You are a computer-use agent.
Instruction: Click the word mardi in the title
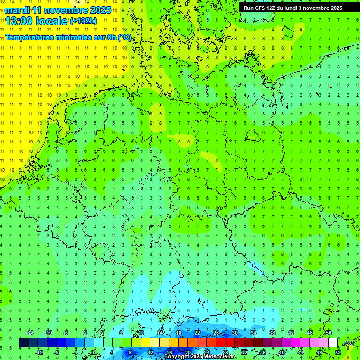(17, 9)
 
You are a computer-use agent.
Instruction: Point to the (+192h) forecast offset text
(83, 21)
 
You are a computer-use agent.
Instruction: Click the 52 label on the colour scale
(337, 352)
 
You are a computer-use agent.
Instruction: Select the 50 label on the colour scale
(328, 333)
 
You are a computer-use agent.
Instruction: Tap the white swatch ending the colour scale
(333, 343)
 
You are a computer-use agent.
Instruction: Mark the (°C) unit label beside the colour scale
(348, 343)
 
